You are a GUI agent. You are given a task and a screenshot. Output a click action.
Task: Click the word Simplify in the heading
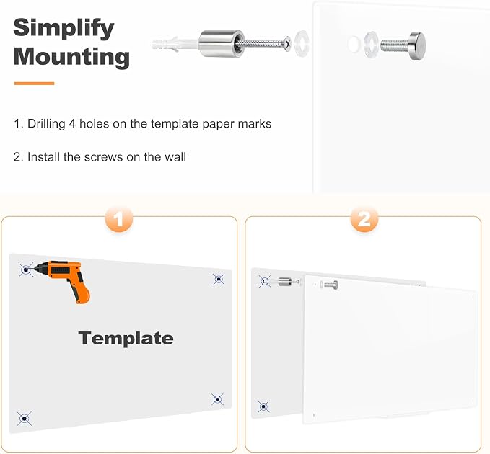[64, 29]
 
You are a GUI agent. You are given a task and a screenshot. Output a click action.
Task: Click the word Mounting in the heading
[71, 56]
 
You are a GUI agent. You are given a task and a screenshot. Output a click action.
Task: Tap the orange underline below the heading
[34, 84]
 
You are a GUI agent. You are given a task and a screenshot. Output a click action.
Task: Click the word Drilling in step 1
[46, 124]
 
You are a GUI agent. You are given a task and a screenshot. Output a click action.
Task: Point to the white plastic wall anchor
[175, 43]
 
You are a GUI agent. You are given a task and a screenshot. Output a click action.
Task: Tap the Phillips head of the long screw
[287, 43]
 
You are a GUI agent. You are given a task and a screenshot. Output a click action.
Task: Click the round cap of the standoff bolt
[418, 45]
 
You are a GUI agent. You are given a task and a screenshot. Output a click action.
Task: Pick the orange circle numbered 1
[119, 219]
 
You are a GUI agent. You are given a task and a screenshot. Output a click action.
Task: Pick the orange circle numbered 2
[364, 219]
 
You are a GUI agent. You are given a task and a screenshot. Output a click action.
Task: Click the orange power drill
[64, 279]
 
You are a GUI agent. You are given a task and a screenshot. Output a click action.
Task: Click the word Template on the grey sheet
[126, 338]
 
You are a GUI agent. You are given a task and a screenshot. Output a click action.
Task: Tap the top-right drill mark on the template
[219, 280]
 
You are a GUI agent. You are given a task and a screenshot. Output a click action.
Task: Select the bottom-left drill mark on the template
[25, 419]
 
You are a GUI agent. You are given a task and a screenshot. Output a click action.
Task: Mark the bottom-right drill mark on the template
[217, 399]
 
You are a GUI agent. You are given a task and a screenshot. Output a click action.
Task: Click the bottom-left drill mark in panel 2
[263, 406]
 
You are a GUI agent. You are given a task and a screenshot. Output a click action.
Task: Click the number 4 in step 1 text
[72, 124]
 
